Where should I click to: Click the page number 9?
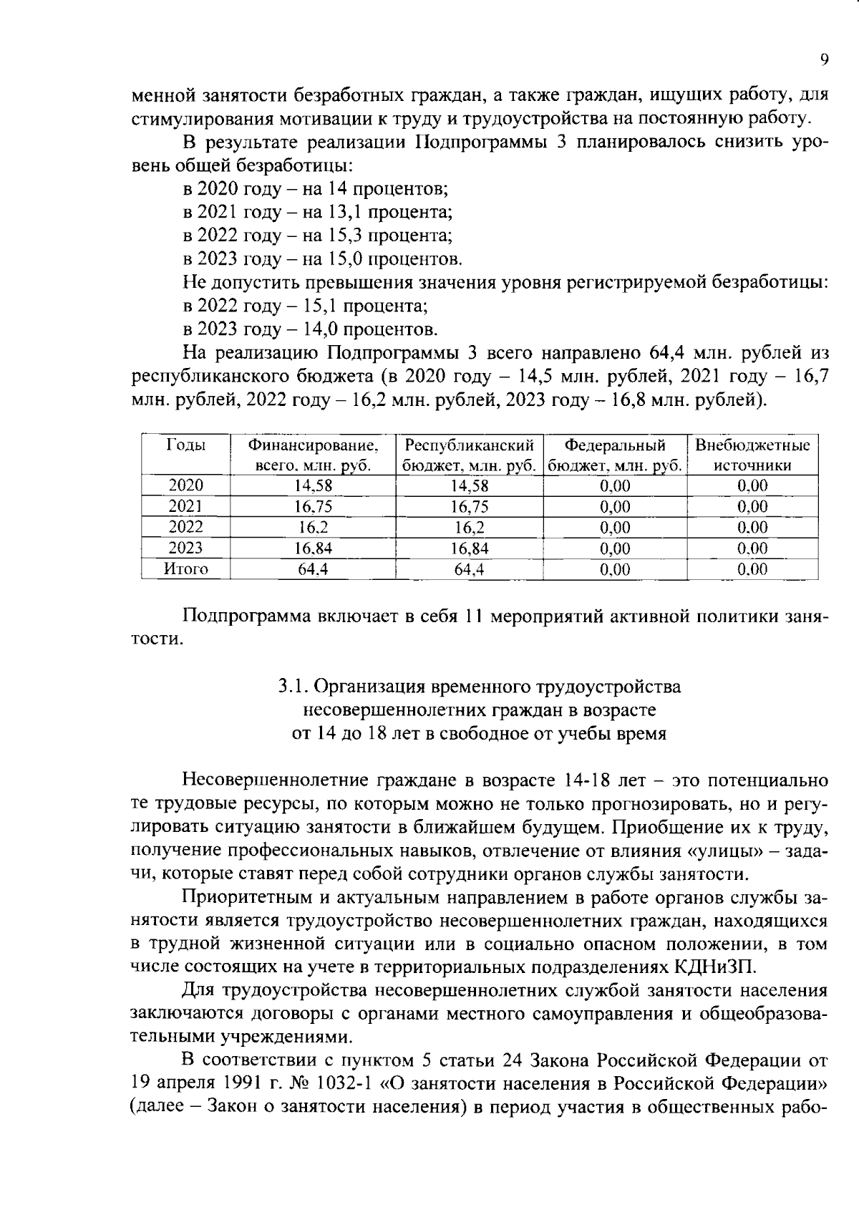[823, 60]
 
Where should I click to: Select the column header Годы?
[185, 445]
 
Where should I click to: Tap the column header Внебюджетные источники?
[752, 455]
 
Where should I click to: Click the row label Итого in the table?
[185, 569]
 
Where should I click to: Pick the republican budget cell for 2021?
[469, 507]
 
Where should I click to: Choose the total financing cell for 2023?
[313, 548]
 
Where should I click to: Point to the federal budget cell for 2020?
[615, 486]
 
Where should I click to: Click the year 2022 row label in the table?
[185, 528]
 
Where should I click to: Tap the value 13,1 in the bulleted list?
[349, 212]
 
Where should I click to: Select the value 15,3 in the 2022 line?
[349, 236]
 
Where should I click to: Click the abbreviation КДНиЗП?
[716, 967]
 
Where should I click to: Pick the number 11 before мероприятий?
[474, 616]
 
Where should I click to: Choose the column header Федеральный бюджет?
[615, 455]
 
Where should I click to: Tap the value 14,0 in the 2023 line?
[347, 329]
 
